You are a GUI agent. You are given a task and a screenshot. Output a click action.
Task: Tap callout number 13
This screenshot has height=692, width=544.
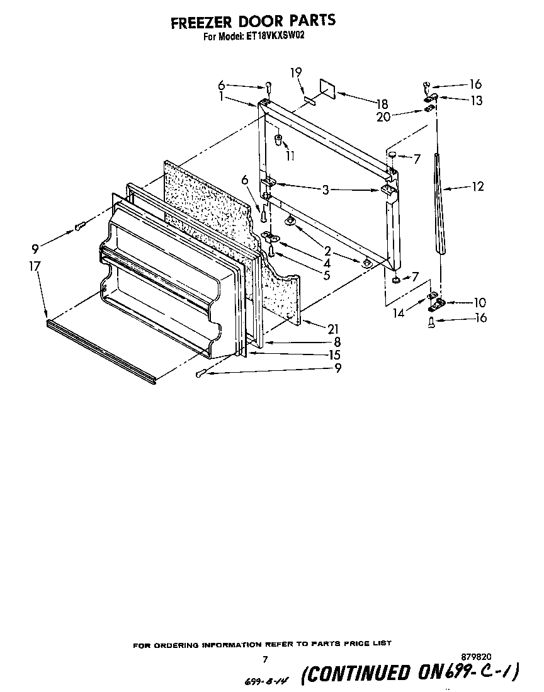[x=477, y=100]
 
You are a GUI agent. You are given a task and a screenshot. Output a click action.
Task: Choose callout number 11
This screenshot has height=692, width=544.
[x=290, y=156]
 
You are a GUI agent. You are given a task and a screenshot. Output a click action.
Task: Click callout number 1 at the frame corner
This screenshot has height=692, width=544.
[x=222, y=97]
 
